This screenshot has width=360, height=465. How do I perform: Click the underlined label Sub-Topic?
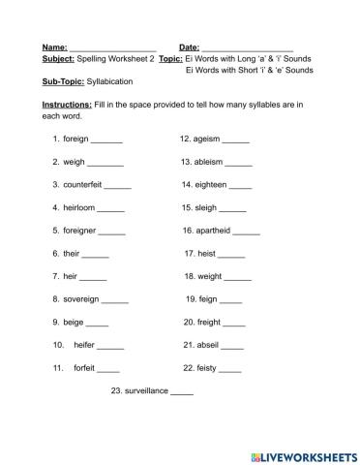(x=64, y=82)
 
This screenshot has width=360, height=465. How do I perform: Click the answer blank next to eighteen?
(x=240, y=184)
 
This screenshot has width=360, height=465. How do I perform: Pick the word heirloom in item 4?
(x=78, y=207)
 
